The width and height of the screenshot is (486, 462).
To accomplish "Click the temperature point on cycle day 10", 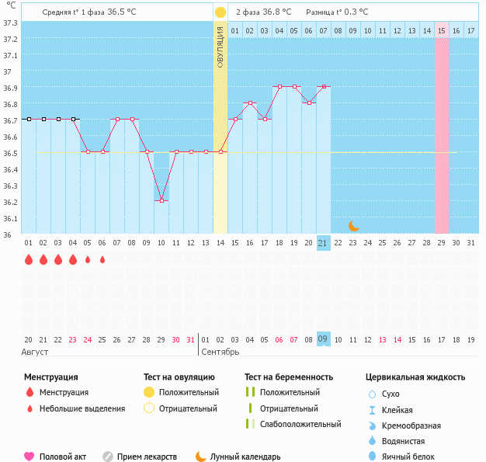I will tap(161, 200).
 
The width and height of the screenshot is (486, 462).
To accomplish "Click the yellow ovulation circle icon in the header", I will tap(220, 12).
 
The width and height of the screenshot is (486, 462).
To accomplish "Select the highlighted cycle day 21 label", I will tap(323, 243).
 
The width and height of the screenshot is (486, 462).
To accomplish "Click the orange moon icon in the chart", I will tap(354, 225).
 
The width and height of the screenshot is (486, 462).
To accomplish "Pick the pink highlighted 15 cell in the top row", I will tap(441, 30).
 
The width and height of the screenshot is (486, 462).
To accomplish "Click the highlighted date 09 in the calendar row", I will tap(323, 339).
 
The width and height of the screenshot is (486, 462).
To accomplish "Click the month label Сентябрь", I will tap(221, 352).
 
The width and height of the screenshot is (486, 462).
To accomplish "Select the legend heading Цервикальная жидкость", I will tap(415, 377).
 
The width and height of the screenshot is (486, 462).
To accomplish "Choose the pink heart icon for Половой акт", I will tap(30, 457).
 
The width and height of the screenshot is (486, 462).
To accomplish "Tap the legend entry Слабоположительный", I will tap(300, 424).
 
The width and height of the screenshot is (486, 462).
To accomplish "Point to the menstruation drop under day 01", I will tap(29, 259).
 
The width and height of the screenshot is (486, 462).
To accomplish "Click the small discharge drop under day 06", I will tap(102, 259).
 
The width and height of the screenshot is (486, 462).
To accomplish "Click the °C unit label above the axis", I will tap(10, 5).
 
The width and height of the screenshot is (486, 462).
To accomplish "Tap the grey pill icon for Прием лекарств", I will tap(108, 457).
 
